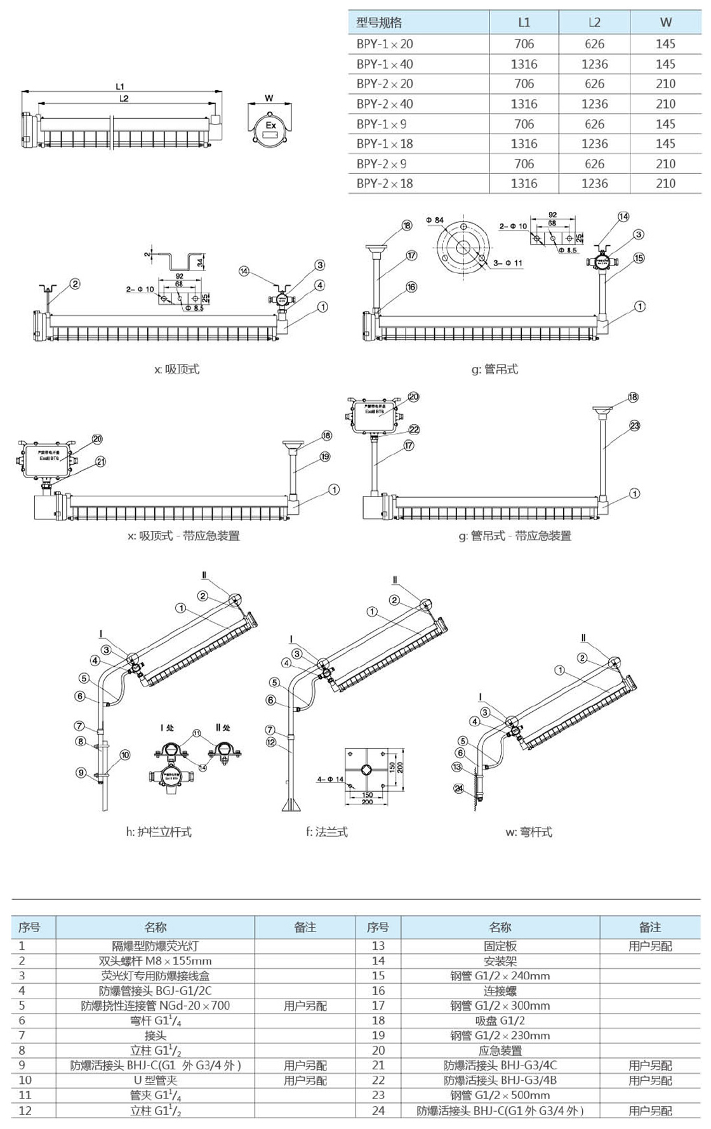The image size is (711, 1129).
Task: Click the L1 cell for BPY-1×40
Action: click(x=524, y=64)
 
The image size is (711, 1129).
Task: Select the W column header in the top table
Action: click(x=665, y=22)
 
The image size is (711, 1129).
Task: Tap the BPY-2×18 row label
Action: click(x=385, y=184)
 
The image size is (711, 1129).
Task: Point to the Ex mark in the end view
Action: click(x=271, y=125)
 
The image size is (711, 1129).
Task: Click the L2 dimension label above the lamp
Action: click(x=124, y=98)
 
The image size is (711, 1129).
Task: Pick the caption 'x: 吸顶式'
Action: click(x=176, y=369)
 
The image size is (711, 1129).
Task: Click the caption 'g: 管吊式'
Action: click(x=495, y=369)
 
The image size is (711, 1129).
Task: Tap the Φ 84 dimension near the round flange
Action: click(x=435, y=220)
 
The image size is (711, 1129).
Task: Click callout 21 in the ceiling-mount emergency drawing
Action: click(x=101, y=462)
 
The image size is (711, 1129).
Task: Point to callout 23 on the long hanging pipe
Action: click(x=635, y=425)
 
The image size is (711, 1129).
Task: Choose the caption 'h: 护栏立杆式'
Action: click(x=159, y=832)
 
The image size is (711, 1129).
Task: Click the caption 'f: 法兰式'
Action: click(x=327, y=832)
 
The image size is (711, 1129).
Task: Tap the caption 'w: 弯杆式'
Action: click(x=529, y=832)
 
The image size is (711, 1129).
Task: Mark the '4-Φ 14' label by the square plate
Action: click(x=330, y=779)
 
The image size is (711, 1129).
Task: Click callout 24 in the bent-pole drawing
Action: click(x=459, y=789)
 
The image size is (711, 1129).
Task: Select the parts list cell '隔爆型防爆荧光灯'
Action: click(x=156, y=945)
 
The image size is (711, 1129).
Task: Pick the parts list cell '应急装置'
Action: click(x=500, y=1050)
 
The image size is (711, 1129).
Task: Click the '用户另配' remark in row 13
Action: click(x=650, y=945)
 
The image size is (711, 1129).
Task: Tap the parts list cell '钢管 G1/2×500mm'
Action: click(x=500, y=1095)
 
